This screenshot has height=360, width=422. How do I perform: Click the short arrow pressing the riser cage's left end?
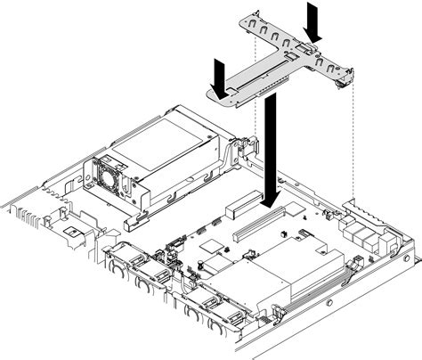click(x=217, y=73)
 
